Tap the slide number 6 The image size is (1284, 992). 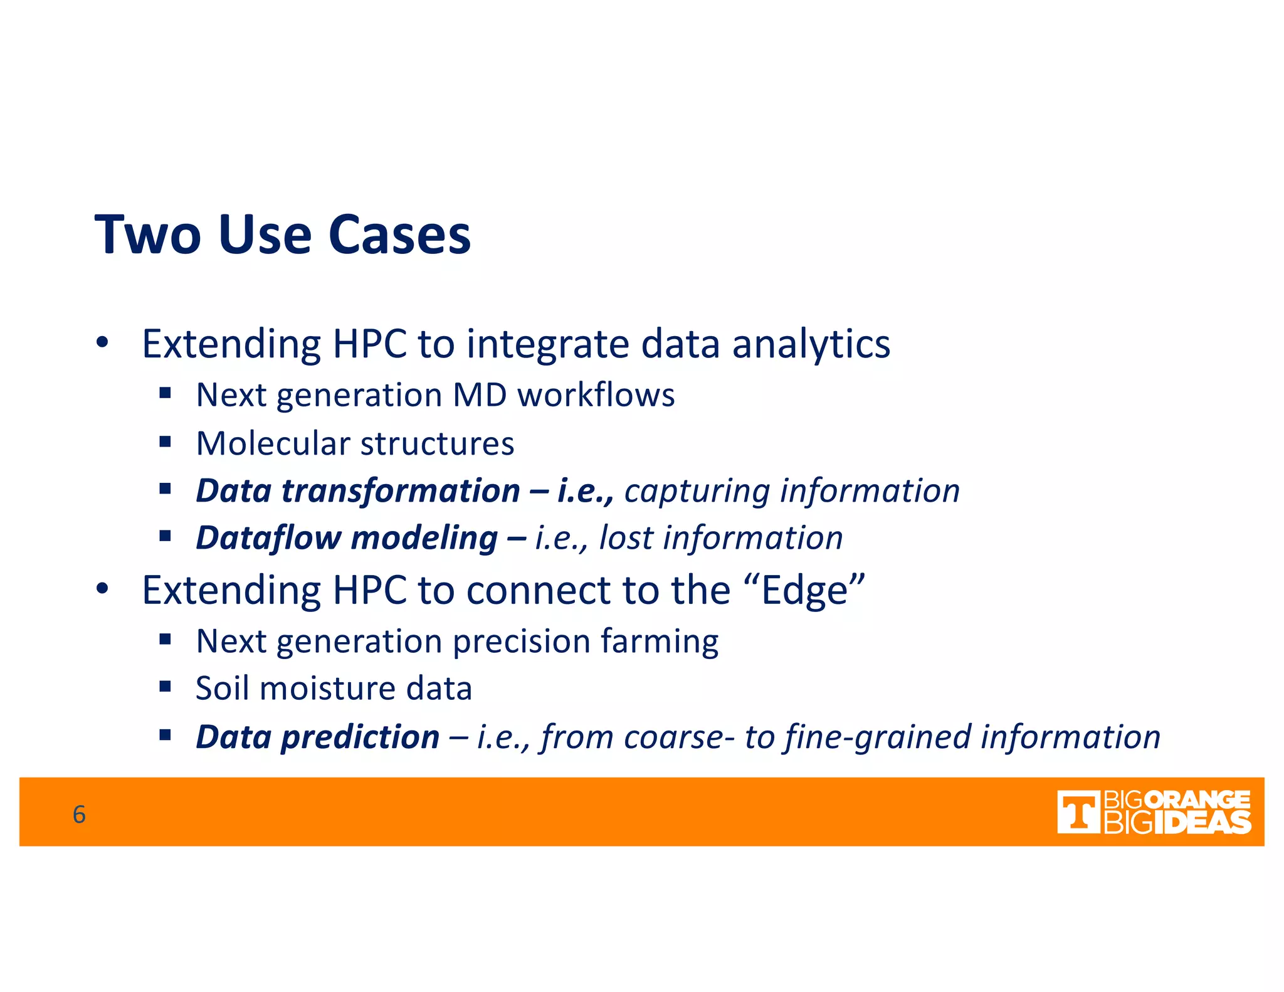click(79, 814)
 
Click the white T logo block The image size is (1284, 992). click(1078, 812)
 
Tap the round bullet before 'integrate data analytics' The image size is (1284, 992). click(102, 344)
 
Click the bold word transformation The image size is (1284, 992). click(401, 490)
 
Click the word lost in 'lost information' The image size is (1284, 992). click(626, 538)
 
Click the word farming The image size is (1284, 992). click(660, 642)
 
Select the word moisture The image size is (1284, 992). click(327, 689)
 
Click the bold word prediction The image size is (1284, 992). click(360, 737)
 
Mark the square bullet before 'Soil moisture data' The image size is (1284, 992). click(166, 687)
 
